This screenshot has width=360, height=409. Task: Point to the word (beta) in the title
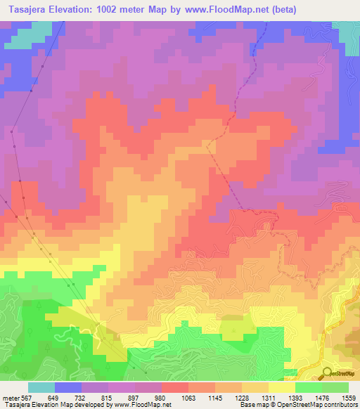click(279, 9)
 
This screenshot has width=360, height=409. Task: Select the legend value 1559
click(348, 398)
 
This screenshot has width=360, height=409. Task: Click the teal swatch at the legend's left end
click(41, 387)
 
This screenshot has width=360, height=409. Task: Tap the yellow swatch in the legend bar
click(281, 387)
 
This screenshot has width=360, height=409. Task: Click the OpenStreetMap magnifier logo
click(327, 372)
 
